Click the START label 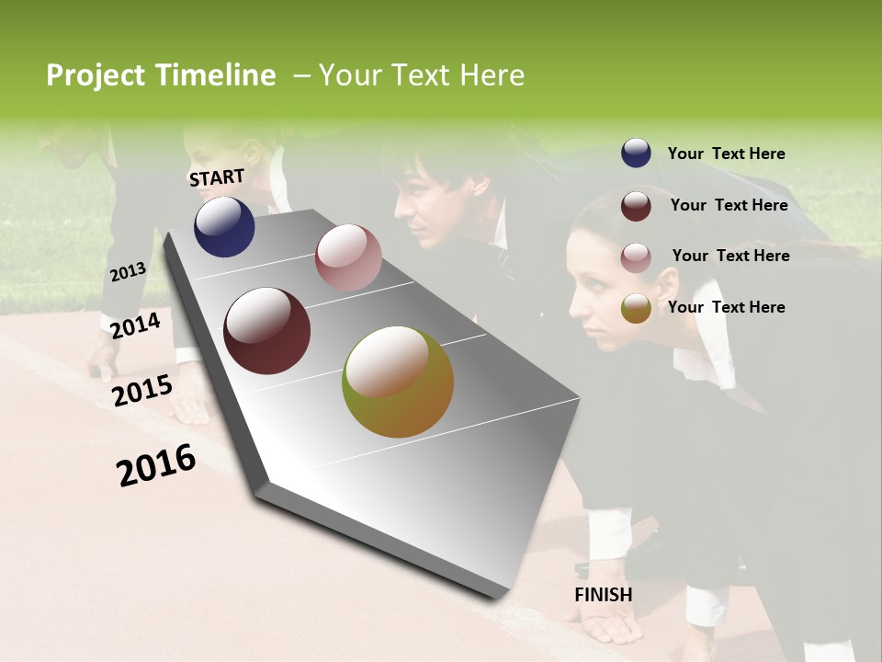tap(217, 177)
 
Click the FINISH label tap(603, 595)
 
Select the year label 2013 tap(128, 272)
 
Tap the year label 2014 tap(135, 326)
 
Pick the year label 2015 tap(142, 391)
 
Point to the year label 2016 tap(156, 465)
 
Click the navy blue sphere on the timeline tap(224, 227)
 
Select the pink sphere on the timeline tap(348, 257)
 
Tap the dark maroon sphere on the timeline tap(267, 331)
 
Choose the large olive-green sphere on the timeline tap(398, 382)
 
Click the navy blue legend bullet tap(636, 154)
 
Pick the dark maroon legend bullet tap(636, 206)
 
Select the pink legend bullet tap(636, 257)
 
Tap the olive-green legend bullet tap(636, 308)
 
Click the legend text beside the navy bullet tap(726, 154)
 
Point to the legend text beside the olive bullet tap(726, 307)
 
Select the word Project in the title tap(96, 75)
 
